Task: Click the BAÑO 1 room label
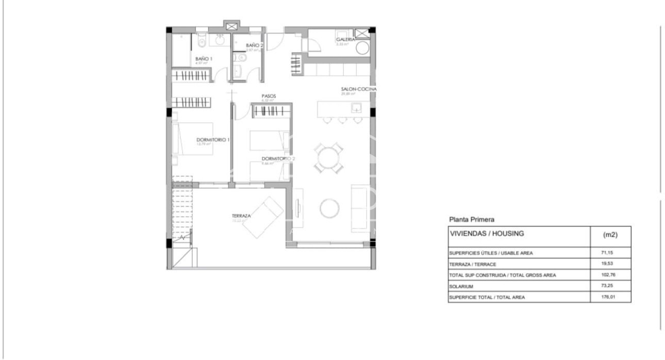pos(204,59)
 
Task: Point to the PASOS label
pos(269,96)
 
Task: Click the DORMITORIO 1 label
pos(213,140)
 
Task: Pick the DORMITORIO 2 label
pos(278,159)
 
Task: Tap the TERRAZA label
pos(241,216)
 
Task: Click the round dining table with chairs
pos(329,157)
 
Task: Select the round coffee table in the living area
pos(329,208)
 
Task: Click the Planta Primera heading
pos(472,219)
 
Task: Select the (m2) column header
pos(610,235)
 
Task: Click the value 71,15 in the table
pos(608,253)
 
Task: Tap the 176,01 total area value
pos(609,297)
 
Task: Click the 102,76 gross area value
pos(609,275)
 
